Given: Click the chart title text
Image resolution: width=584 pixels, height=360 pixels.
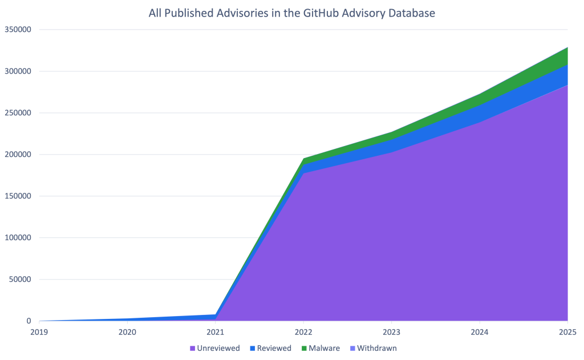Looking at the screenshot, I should tap(291, 13).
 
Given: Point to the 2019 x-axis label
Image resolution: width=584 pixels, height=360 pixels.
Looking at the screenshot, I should tap(39, 331).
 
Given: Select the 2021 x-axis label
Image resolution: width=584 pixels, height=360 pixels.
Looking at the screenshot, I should tap(215, 331).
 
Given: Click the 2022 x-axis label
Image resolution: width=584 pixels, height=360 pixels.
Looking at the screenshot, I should tap(303, 331).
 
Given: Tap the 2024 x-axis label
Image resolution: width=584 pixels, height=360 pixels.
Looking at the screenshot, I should tap(480, 331).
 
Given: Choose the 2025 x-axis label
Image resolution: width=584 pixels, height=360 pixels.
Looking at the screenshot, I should tap(567, 331).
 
